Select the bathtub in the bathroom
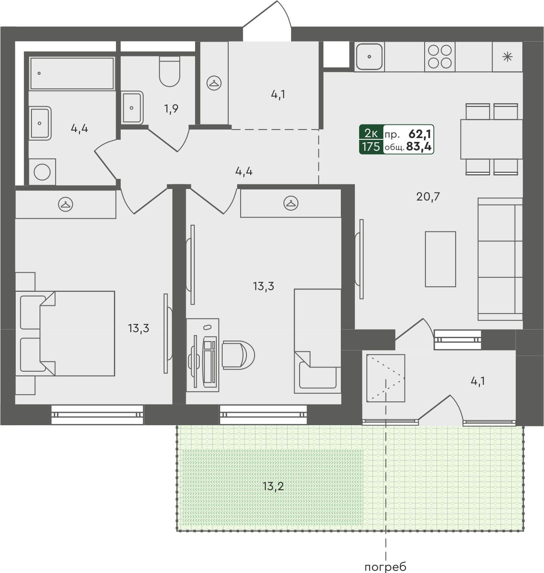[x=72, y=73]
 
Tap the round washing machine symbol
[x=42, y=172]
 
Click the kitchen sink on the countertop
[x=369, y=56]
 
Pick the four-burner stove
[x=439, y=56]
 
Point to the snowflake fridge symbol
[x=507, y=56]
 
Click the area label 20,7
[x=428, y=196]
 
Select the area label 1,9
[x=171, y=109]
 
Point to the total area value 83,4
[x=419, y=147]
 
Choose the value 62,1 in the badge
[x=419, y=134]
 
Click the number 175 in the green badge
[x=371, y=147]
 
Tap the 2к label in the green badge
[x=371, y=133]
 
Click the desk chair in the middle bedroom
[x=237, y=354]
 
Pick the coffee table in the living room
[x=440, y=259]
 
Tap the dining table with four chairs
[x=491, y=139]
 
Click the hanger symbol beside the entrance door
[x=214, y=83]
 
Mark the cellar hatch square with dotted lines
[x=385, y=378]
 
